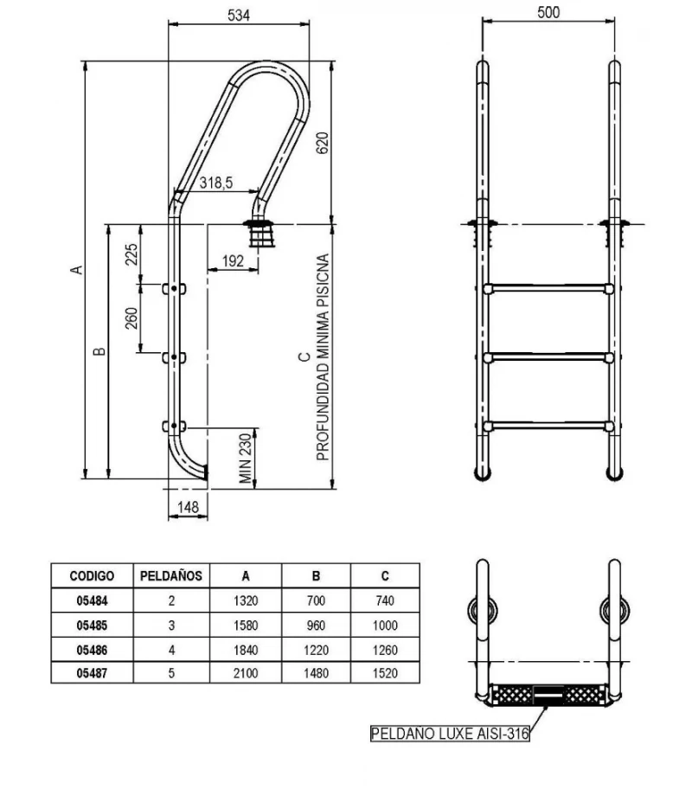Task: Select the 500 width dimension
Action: [548, 12]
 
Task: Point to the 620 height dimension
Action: [323, 143]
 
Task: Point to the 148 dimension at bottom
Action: [186, 507]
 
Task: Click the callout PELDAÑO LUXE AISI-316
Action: [449, 735]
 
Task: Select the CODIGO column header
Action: [91, 575]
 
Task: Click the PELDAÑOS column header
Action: [170, 575]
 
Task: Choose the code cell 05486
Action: [91, 646]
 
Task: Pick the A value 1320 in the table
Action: [246, 599]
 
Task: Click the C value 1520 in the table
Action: [385, 671]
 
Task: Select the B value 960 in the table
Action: [316, 623]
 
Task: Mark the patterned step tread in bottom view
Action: [548, 693]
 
